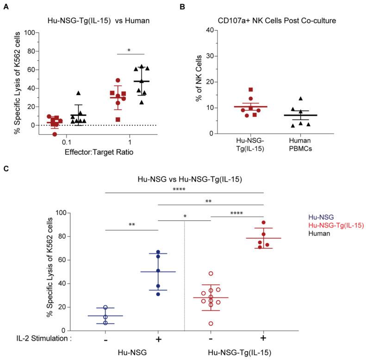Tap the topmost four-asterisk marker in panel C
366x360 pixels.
[185, 189]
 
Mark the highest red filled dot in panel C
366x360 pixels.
[263, 222]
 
